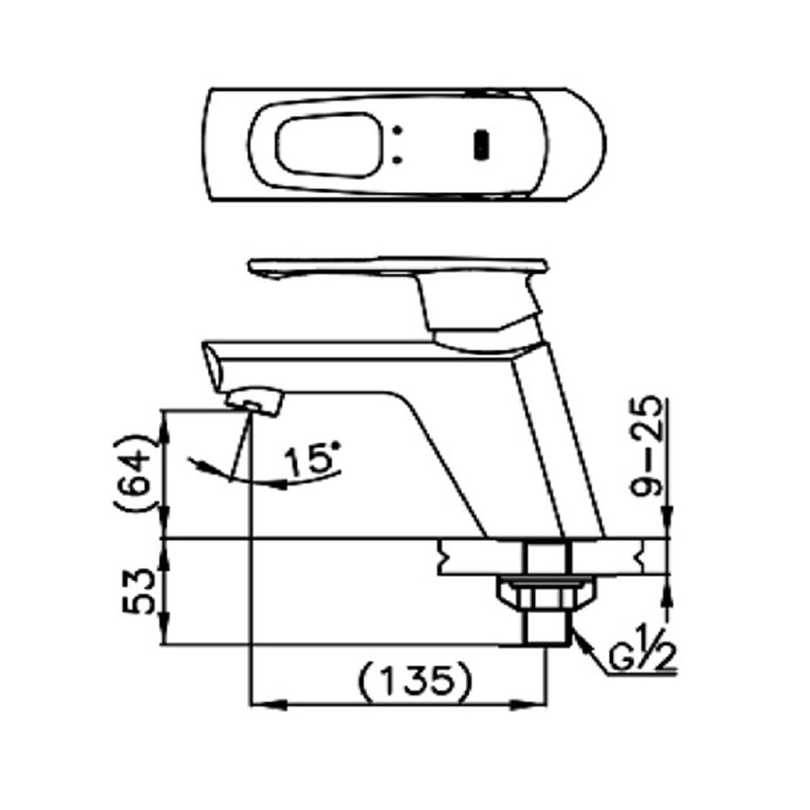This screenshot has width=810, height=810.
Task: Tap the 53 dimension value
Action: (x=136, y=593)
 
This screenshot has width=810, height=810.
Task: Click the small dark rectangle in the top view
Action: (x=480, y=144)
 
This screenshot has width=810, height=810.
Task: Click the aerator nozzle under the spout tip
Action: (x=254, y=399)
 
